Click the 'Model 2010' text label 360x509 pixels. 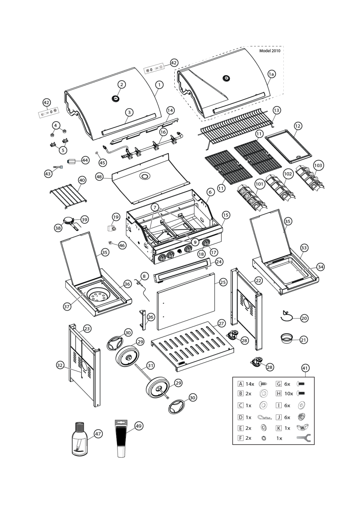click(x=270, y=51)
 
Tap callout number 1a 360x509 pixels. click(x=271, y=74)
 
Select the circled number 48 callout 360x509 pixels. click(x=100, y=177)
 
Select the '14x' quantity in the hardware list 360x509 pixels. click(x=250, y=384)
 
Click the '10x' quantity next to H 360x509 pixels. click(x=289, y=393)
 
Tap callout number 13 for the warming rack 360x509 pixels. click(x=276, y=111)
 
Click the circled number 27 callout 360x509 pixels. click(x=221, y=323)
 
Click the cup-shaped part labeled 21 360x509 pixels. click(x=287, y=338)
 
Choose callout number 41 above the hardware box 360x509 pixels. click(x=305, y=368)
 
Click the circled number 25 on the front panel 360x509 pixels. click(x=223, y=282)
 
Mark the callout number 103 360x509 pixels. click(x=318, y=166)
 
